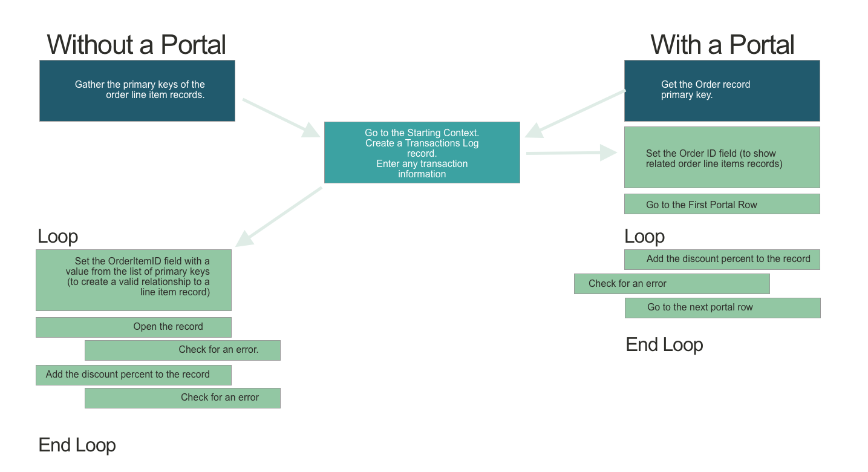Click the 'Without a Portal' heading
(136, 45)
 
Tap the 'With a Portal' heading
(722, 45)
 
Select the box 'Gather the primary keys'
(137, 91)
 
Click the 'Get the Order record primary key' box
(722, 91)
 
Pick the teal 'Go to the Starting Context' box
(422, 152)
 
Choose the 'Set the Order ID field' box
(722, 157)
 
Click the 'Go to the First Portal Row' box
(722, 204)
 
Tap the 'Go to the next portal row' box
(723, 308)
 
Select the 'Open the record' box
(134, 327)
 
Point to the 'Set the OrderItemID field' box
(134, 280)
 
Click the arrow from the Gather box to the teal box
(281, 118)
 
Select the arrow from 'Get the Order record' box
(575, 114)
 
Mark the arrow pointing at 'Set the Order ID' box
(572, 152)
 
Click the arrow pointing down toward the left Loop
(279, 217)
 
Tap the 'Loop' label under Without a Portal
(57, 236)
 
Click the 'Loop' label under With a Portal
(644, 236)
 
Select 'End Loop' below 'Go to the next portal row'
(664, 344)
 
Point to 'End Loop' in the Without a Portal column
(77, 445)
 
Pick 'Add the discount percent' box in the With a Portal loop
(722, 260)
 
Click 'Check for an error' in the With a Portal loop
(672, 284)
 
